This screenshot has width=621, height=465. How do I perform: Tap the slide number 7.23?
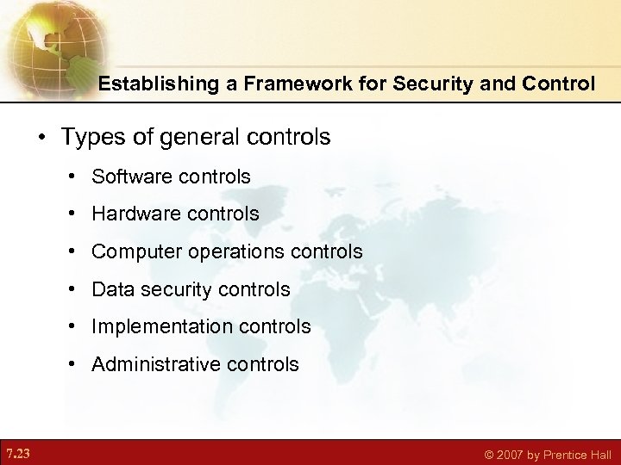click(17, 453)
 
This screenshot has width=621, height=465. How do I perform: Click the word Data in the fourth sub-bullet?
click(110, 289)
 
